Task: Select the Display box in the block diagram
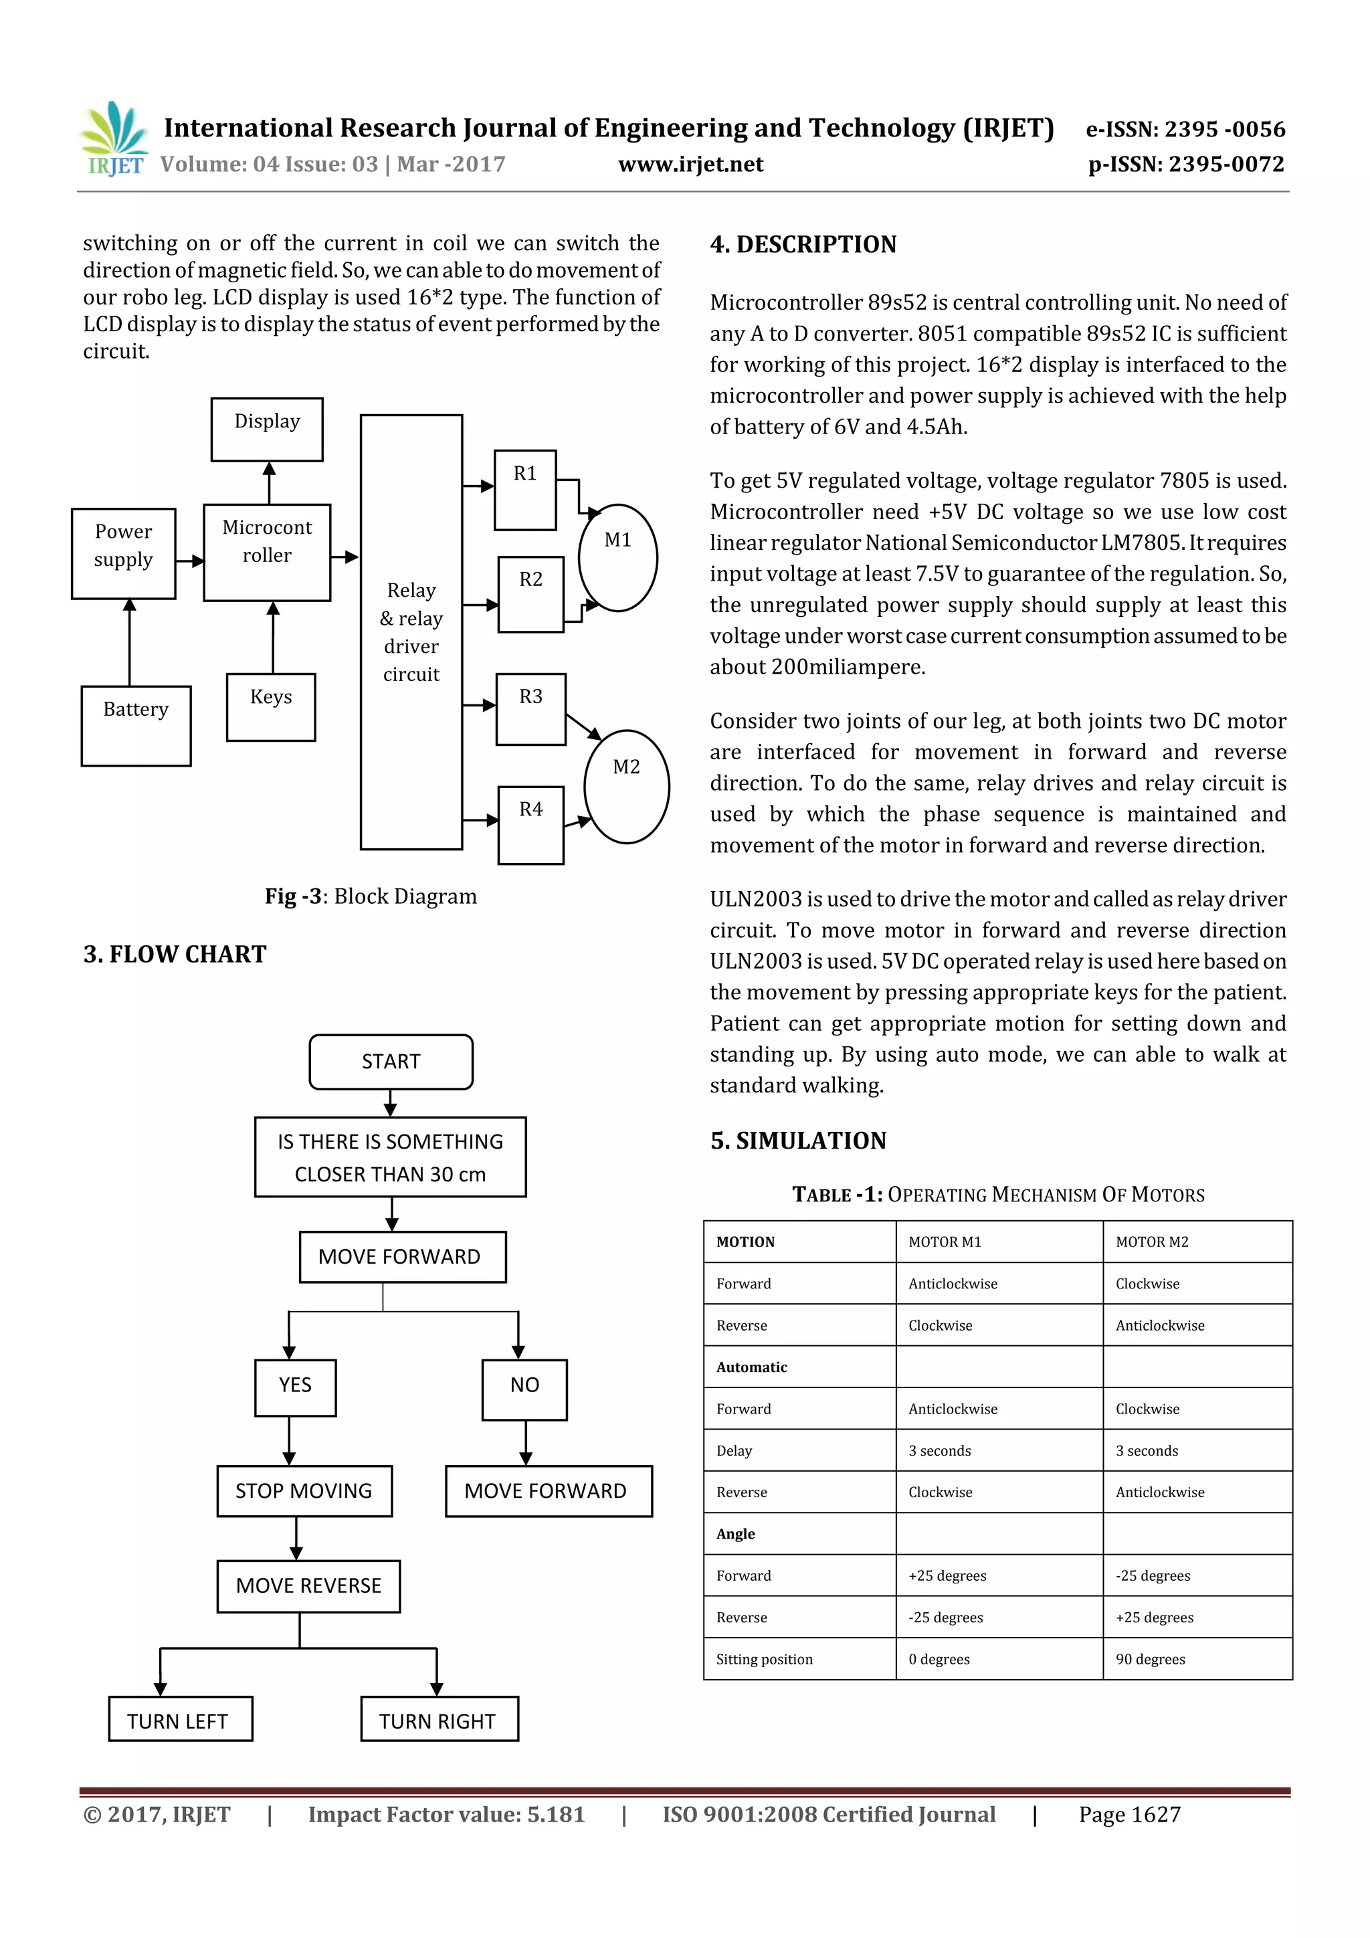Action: [x=267, y=429]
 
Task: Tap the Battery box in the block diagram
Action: [x=136, y=725]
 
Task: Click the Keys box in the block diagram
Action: [x=271, y=706]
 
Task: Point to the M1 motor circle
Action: [x=618, y=557]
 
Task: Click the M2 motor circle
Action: [x=626, y=786]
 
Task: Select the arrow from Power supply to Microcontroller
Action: [x=191, y=561]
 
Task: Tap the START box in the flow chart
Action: [x=391, y=1062]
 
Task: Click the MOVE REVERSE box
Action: [x=308, y=1586]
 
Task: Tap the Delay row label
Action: [x=734, y=1450]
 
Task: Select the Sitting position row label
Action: [x=764, y=1658]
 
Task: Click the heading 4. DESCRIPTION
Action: [x=803, y=245]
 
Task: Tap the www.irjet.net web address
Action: [x=690, y=165]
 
